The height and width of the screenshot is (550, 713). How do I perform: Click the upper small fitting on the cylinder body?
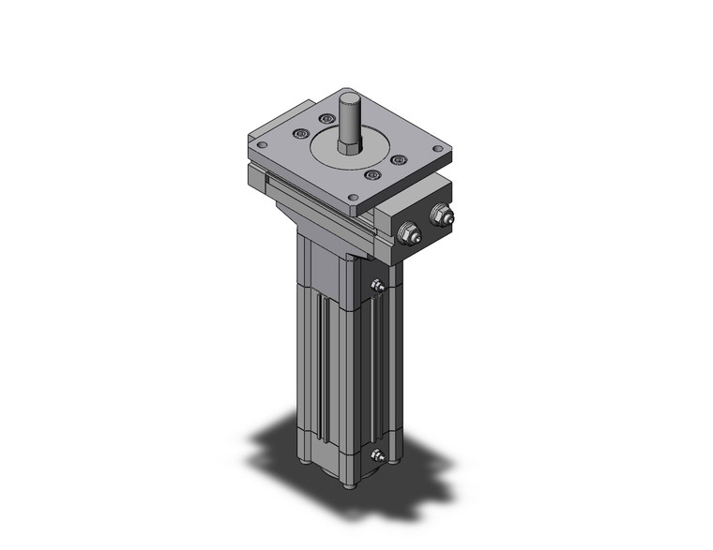(x=378, y=286)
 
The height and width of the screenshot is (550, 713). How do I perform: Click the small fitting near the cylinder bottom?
(x=378, y=455)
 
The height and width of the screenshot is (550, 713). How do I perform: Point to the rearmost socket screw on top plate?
(x=326, y=119)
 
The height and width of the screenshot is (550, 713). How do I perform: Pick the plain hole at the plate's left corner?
(x=260, y=143)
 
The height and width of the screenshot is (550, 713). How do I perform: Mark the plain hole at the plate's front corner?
(x=352, y=198)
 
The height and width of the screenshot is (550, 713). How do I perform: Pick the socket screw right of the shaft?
(x=398, y=160)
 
